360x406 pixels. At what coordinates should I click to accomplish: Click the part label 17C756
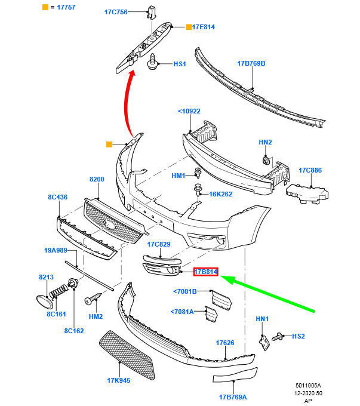click(116, 12)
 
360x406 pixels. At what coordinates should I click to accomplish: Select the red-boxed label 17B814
click(206, 272)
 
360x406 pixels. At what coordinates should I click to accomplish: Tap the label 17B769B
click(251, 63)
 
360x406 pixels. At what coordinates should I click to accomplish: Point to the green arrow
click(267, 293)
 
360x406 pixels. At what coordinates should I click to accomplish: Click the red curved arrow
click(126, 101)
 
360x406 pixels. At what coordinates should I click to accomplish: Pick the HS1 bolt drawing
click(152, 61)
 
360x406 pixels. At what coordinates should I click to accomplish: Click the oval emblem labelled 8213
click(44, 302)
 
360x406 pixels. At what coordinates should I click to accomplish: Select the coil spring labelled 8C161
click(59, 291)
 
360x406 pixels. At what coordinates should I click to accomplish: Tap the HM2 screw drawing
click(93, 299)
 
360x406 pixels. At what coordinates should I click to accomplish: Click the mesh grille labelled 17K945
click(127, 355)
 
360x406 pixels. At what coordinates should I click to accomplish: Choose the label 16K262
click(220, 194)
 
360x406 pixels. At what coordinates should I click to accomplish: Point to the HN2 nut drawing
click(266, 161)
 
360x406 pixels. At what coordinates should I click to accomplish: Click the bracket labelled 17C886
click(307, 193)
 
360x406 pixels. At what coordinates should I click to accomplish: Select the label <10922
click(189, 111)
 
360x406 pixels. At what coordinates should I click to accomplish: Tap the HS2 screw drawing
click(278, 337)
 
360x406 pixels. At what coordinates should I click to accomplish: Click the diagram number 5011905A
click(308, 386)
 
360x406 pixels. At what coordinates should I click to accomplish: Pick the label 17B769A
click(233, 397)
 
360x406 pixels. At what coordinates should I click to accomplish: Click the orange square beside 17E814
click(189, 27)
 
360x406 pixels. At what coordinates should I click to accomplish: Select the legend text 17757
click(66, 7)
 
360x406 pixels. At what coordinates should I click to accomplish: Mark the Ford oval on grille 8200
click(109, 224)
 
